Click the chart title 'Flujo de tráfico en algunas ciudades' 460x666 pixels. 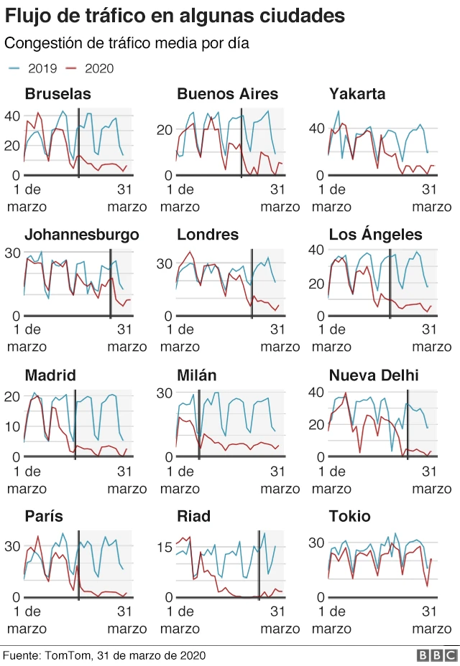175,16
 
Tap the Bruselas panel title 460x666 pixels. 57,94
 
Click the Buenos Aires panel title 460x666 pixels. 227,94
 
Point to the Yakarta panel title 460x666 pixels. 357,94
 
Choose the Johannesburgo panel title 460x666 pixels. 81,235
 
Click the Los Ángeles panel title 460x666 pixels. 375,235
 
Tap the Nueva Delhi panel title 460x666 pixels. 374,376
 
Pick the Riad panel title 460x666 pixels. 193,517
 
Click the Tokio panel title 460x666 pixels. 349,517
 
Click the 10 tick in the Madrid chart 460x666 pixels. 12,426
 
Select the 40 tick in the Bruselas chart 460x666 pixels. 12,116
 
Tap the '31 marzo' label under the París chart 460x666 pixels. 126,619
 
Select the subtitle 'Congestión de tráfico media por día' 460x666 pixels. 127,43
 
